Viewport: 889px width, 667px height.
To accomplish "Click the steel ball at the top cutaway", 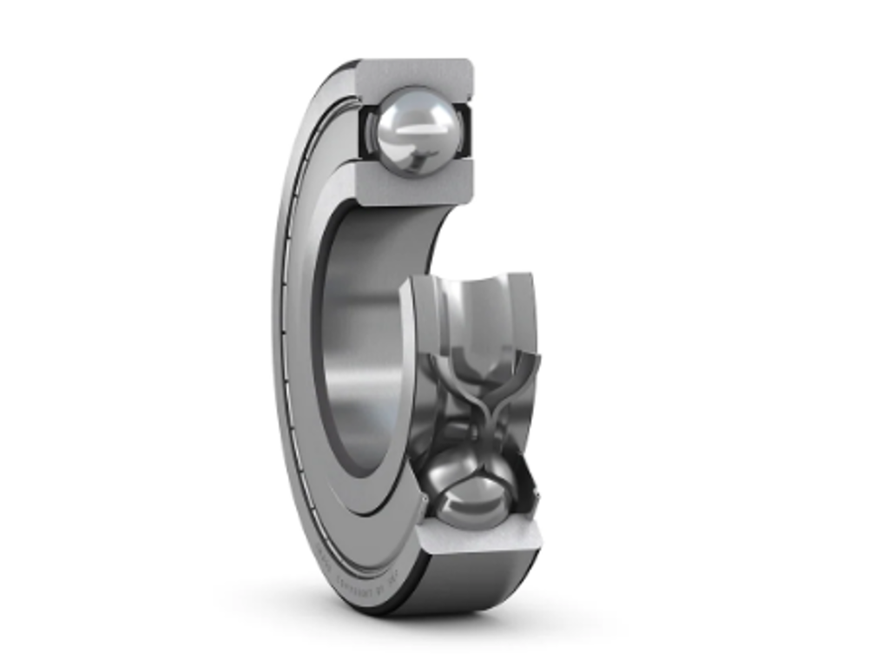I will coord(415,130).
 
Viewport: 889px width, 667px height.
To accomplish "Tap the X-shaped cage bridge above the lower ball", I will coord(476,408).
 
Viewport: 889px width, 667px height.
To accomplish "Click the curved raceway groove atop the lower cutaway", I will coord(473,291).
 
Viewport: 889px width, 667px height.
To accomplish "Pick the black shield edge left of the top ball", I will coord(365,130).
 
